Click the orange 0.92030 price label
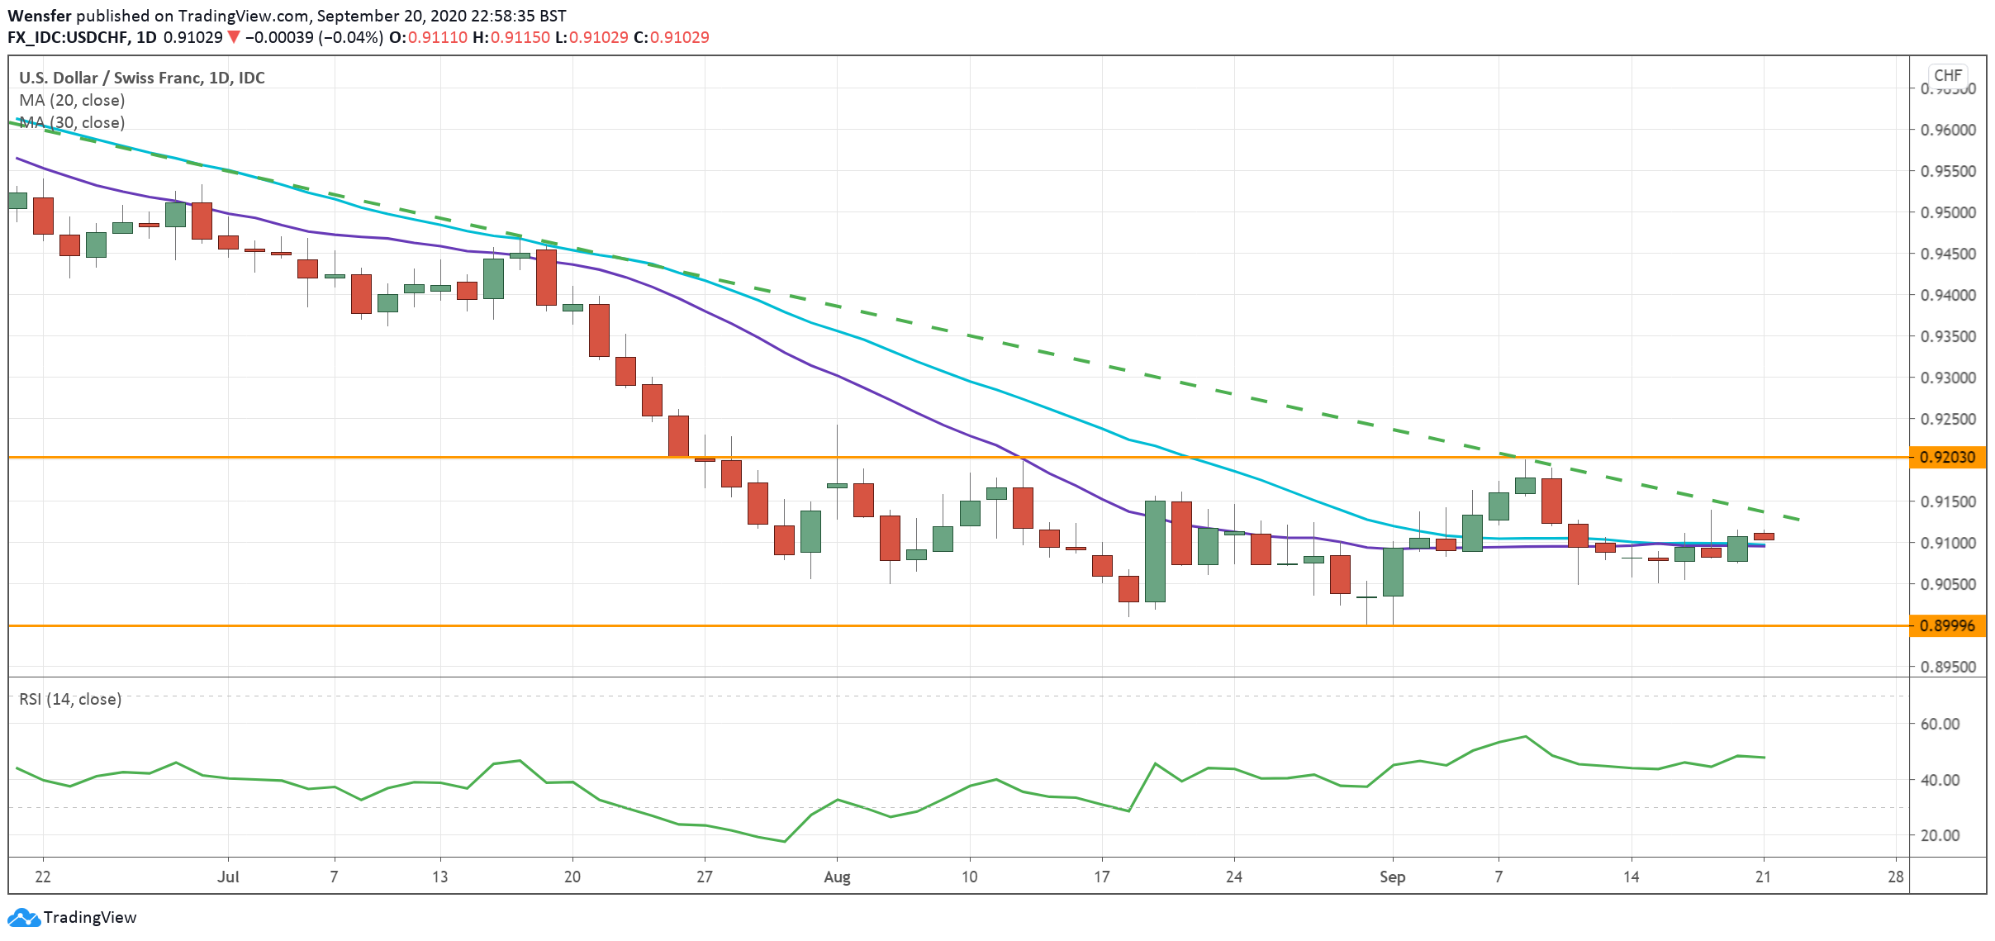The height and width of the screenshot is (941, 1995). (x=1947, y=457)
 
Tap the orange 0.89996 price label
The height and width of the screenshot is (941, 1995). (x=1947, y=625)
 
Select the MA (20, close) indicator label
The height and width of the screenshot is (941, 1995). (x=72, y=100)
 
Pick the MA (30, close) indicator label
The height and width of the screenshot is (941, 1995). (x=72, y=122)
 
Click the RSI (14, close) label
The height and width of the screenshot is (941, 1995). (x=70, y=699)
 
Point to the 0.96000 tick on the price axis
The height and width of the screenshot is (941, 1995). (x=1947, y=130)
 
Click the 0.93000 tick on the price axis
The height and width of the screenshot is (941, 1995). (x=1947, y=378)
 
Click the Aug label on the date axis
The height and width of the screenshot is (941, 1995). (x=837, y=877)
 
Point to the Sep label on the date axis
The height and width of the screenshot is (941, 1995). (x=1392, y=877)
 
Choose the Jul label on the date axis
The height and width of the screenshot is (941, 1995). (x=228, y=877)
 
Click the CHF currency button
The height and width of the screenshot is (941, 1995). (x=1947, y=75)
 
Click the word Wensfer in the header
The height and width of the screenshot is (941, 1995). (x=39, y=16)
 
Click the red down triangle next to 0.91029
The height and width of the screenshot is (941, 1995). (x=234, y=37)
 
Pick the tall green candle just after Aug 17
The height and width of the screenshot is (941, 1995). (x=1155, y=551)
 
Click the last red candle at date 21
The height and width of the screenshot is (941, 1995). (x=1764, y=536)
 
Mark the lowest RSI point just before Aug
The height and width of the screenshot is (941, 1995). (x=784, y=841)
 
